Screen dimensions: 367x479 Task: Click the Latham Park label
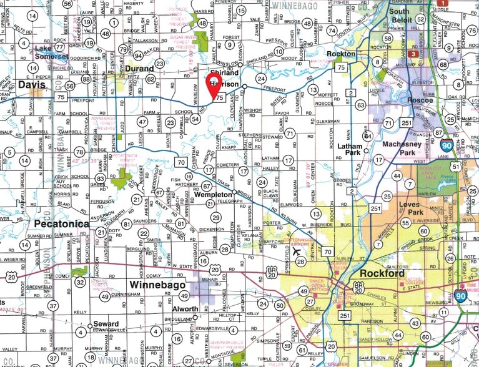tap(350, 149)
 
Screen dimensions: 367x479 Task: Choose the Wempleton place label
tap(214, 195)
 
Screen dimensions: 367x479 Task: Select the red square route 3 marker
tap(413, 55)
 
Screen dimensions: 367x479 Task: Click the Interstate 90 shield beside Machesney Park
tap(445, 145)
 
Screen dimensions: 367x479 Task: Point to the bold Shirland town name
tap(229, 72)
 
